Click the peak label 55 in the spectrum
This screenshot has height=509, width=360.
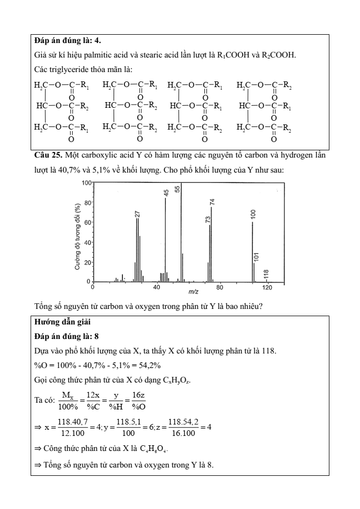click(x=177, y=190)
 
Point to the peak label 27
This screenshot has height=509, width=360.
click(x=138, y=214)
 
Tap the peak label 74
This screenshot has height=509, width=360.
click(x=212, y=203)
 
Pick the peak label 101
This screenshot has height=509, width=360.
click(x=256, y=257)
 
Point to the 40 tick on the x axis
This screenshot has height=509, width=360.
click(x=157, y=287)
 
